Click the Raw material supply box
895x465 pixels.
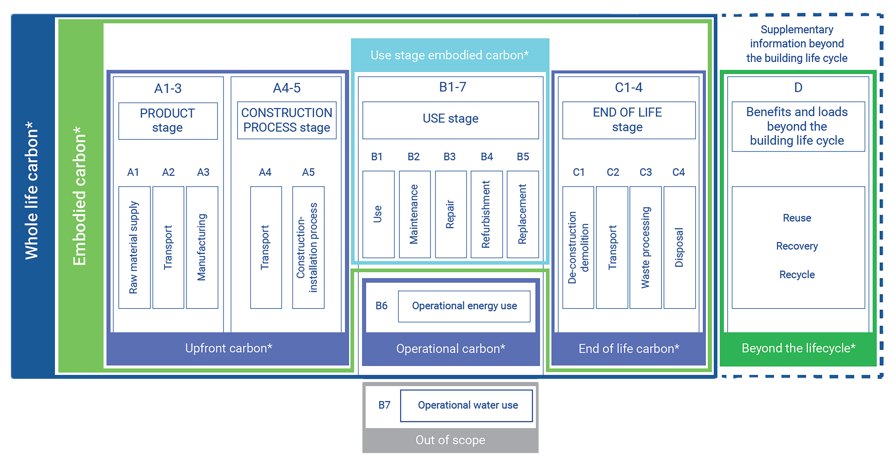pos(134,247)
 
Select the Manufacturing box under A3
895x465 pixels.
pos(202,247)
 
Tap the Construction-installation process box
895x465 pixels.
pos(308,247)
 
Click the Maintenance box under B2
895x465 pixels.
pos(415,214)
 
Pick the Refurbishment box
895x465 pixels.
pos(487,214)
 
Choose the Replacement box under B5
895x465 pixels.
pos(523,214)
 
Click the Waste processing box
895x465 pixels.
pos(645,247)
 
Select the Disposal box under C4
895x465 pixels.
pos(679,247)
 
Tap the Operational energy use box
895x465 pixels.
pos(464,306)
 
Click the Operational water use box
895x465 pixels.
pos(466,406)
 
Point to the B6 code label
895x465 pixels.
pos(381,306)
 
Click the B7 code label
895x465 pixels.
pos(384,405)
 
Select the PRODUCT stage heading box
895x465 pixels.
pos(168,121)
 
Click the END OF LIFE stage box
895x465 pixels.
pos(629,120)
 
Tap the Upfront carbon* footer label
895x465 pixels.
pos(228,348)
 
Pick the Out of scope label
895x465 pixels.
pos(450,440)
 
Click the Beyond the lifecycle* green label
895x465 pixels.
pos(798,348)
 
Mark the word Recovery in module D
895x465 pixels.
pos(797,246)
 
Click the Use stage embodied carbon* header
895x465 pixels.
pos(450,55)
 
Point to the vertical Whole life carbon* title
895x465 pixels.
pos(32,190)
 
